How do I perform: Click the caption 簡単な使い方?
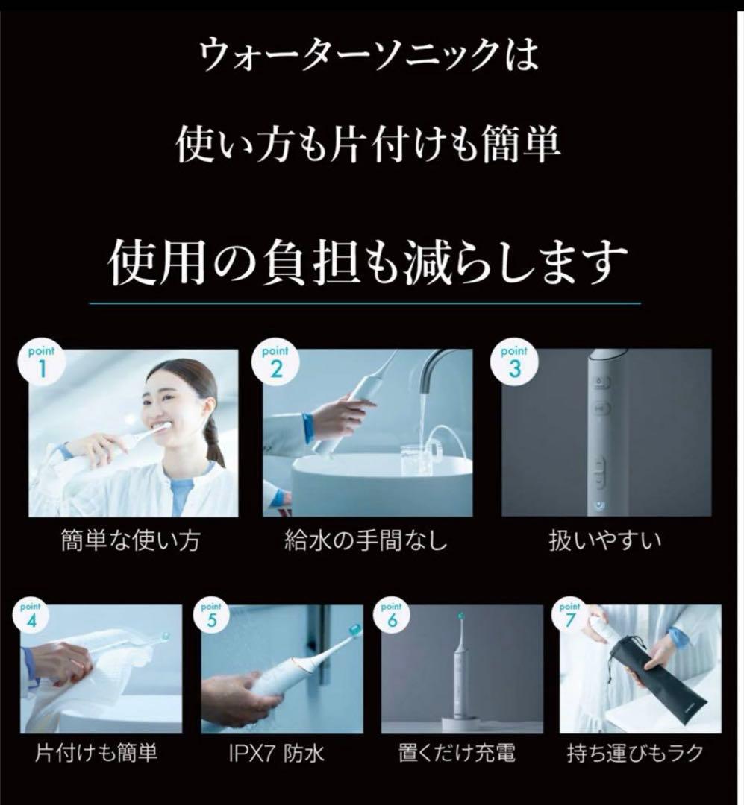point(130,540)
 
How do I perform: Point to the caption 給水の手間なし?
point(366,540)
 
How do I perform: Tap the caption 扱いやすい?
point(604,540)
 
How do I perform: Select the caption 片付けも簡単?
point(97,754)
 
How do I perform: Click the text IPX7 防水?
point(276,754)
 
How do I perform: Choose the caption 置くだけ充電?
point(457,754)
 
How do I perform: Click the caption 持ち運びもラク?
point(635,754)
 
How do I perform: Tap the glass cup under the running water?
point(419,458)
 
